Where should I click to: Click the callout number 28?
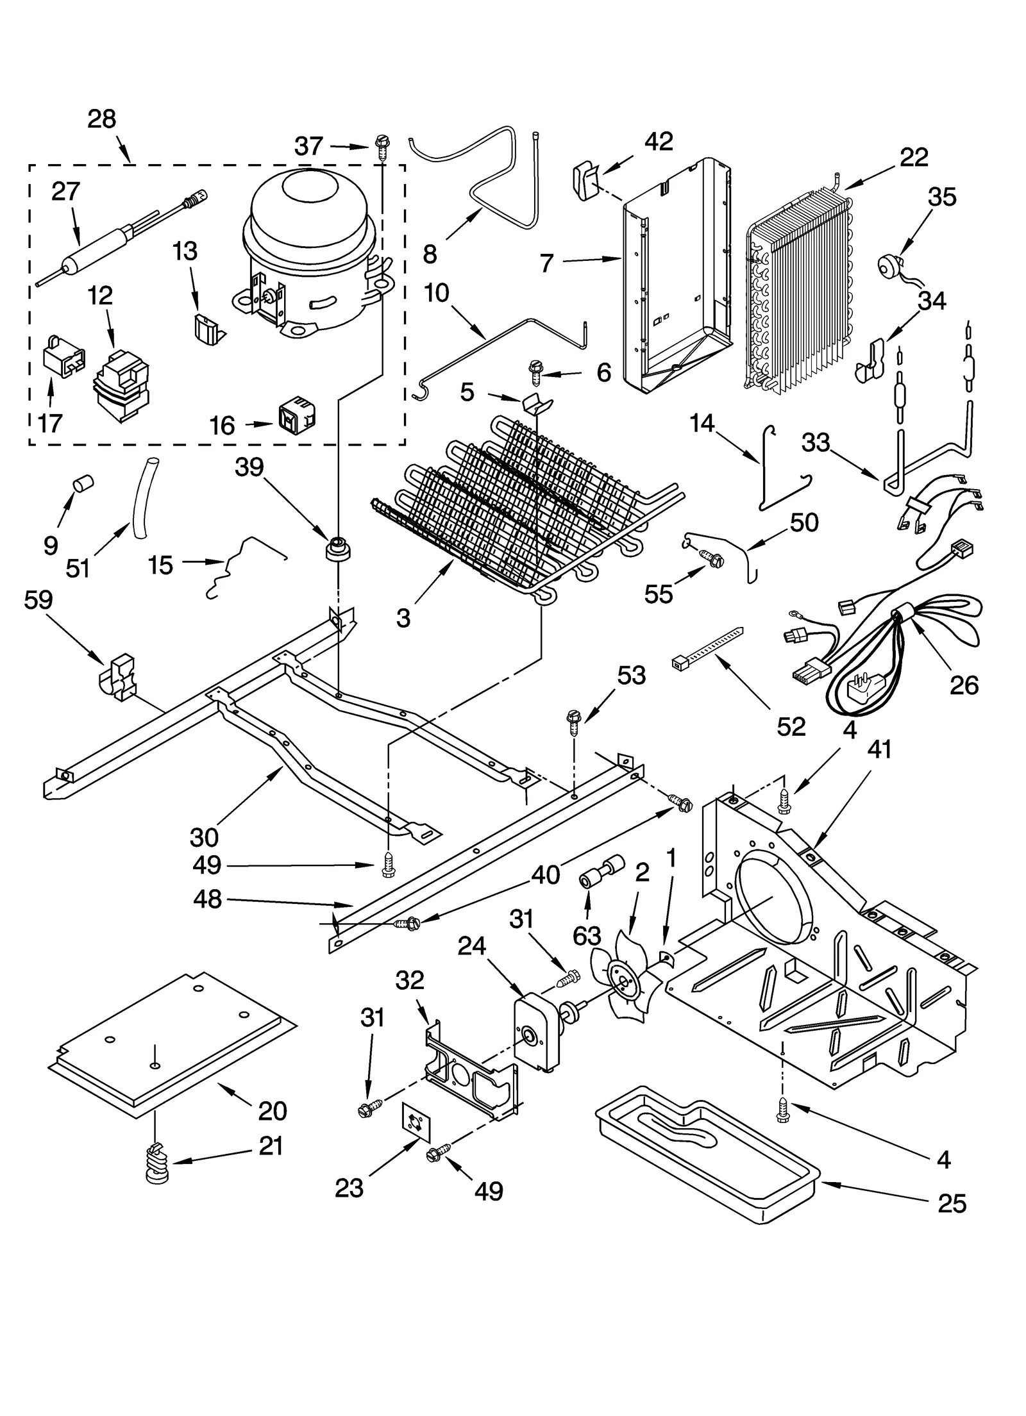(101, 119)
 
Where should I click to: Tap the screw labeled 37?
(382, 148)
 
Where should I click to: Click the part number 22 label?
(913, 157)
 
